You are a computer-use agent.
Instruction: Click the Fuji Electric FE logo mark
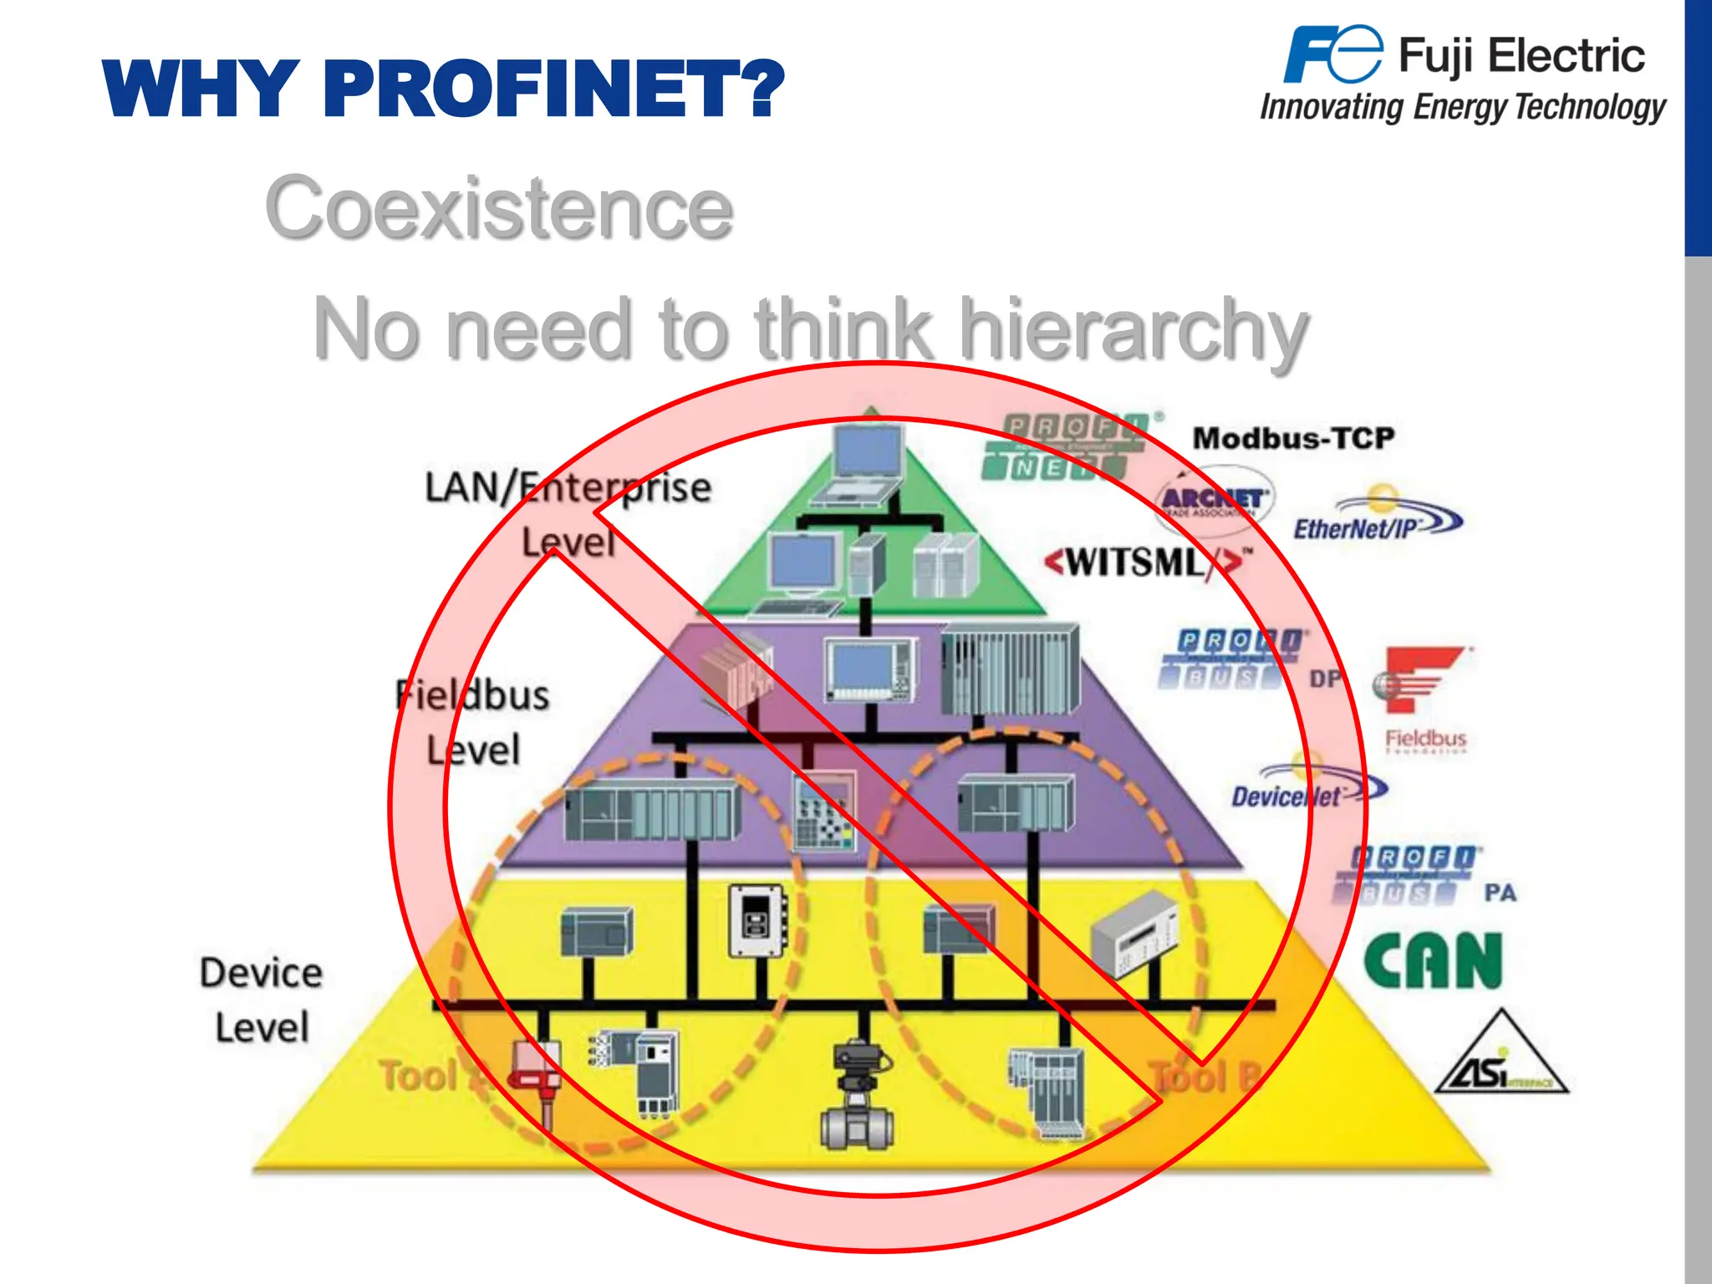[x=1332, y=55]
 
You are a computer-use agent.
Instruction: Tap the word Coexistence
[x=499, y=208]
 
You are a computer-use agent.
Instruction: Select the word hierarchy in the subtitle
[x=1133, y=331]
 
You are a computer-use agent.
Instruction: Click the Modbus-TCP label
[x=1292, y=438]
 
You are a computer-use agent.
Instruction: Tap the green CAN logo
[x=1433, y=961]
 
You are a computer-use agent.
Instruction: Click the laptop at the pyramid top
[x=864, y=464]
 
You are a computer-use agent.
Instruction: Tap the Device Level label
[x=262, y=1000]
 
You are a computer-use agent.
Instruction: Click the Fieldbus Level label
[x=473, y=722]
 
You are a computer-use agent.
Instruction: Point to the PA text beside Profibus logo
[x=1500, y=893]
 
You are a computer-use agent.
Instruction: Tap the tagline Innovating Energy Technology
[x=1463, y=108]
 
